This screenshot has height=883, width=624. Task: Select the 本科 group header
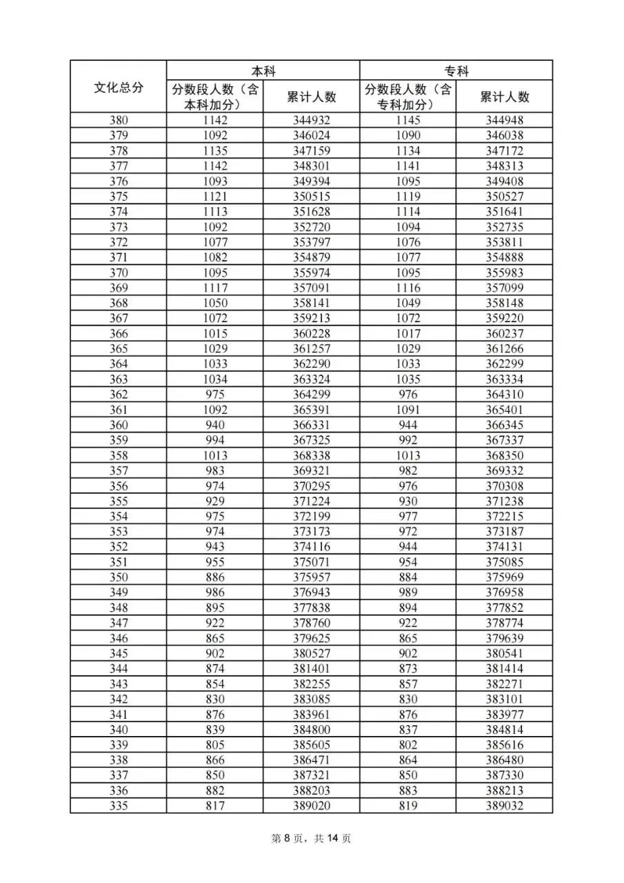(263, 70)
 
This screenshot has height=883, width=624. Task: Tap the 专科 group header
(456, 70)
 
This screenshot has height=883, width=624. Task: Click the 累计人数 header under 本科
(311, 97)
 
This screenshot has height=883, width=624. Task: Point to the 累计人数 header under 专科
(504, 97)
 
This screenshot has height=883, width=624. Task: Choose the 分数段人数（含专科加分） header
(407, 97)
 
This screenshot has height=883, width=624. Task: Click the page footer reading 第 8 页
(312, 838)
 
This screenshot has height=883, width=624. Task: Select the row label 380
(119, 121)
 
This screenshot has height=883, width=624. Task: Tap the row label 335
(119, 806)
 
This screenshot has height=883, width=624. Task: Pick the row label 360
(119, 425)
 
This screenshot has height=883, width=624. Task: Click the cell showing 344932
(311, 121)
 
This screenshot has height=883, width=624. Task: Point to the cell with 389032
(504, 806)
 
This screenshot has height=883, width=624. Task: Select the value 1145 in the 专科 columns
(407, 121)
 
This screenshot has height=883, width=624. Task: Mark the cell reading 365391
(311, 410)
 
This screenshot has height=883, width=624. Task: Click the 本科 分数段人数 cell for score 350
(214, 577)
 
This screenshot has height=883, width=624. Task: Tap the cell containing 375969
(504, 577)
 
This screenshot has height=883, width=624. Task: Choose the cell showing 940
(214, 425)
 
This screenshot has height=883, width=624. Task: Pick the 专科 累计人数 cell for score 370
(504, 272)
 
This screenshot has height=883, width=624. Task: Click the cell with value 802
(407, 745)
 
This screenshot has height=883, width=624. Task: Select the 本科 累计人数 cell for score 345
(311, 653)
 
